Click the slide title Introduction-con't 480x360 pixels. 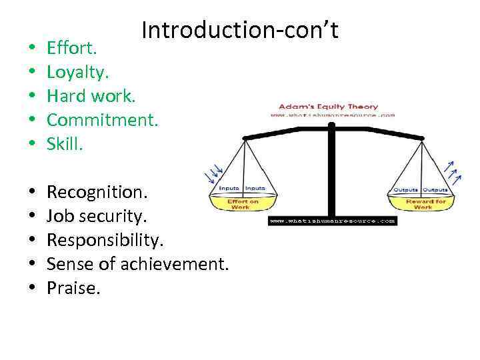tap(240, 30)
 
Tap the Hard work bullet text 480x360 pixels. tap(91, 96)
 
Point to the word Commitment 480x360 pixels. tap(103, 120)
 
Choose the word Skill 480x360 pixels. tap(65, 145)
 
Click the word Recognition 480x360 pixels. tap(95, 192)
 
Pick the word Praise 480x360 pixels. tap(73, 289)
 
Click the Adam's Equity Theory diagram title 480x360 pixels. tap(328, 106)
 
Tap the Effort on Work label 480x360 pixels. tap(243, 204)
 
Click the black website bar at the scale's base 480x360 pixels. tap(333, 220)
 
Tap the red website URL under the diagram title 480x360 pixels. tap(332, 115)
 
